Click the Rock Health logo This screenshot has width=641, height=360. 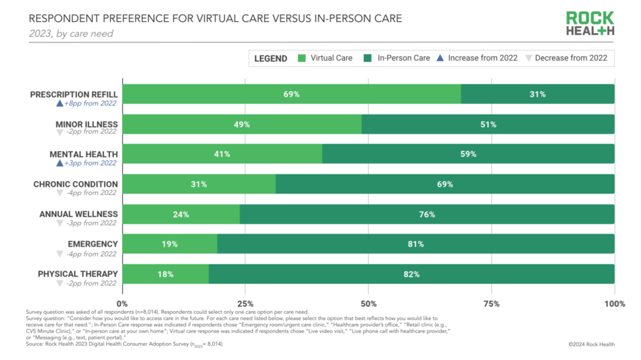point(591,23)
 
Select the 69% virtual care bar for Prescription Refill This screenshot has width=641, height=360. point(291,94)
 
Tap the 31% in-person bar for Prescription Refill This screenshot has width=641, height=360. point(537,94)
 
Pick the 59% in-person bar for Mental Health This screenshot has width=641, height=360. point(468,154)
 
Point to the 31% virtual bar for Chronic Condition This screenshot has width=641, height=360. point(199,184)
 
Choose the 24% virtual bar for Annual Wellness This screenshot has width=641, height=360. point(181,214)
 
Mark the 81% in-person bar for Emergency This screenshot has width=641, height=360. point(416,244)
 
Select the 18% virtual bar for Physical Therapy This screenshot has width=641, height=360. point(166,274)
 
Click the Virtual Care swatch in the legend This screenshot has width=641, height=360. point(302,58)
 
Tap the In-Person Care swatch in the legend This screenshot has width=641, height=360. point(368,58)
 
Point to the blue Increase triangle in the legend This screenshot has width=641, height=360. point(440,58)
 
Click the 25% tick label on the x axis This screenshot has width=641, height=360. point(245,303)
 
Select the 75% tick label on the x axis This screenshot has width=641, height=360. point(491,303)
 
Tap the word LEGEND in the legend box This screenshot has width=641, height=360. point(271,58)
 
